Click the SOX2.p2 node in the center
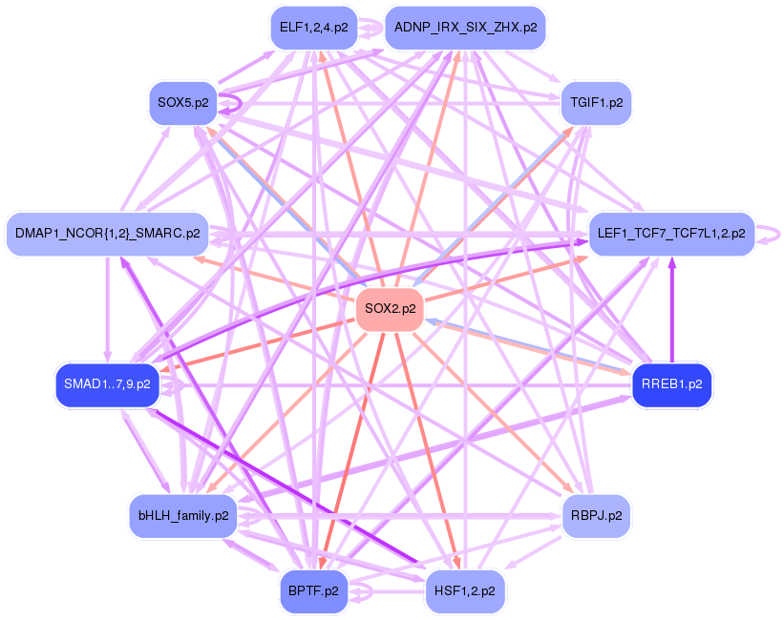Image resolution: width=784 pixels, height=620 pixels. coord(389,309)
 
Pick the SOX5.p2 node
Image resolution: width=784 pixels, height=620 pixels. coord(183,102)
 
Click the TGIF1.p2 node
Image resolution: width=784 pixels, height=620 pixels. coord(596,102)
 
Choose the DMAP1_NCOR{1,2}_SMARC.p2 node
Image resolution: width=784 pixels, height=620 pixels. coord(108,233)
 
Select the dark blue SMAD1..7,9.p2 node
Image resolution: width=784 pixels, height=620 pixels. coord(107,383)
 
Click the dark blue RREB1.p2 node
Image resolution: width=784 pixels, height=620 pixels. coord(672,384)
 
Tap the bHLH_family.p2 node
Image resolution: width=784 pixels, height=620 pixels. coord(183,515)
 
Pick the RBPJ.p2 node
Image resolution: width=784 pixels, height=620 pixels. coord(596,515)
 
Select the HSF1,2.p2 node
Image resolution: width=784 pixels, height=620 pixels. coord(464,590)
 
